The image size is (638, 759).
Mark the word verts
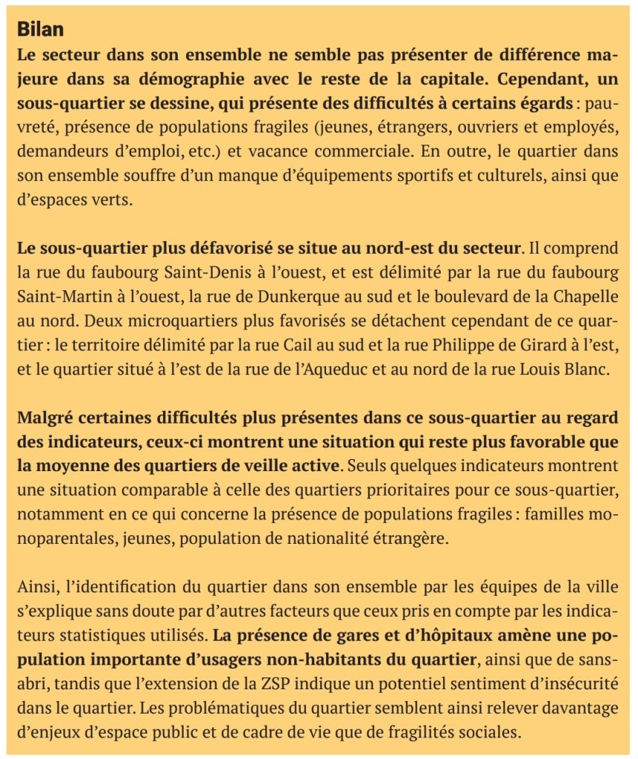110,200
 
